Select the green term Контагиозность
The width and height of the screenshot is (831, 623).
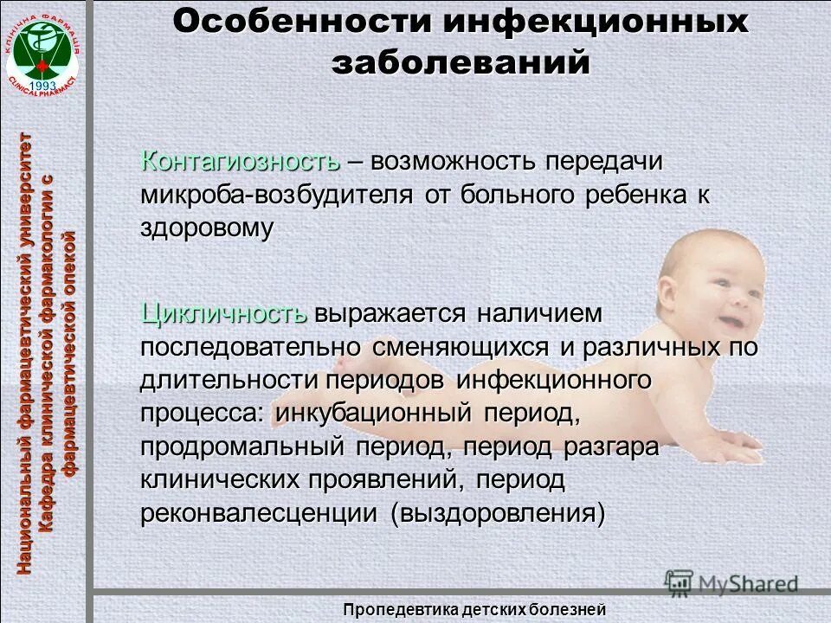click(x=241, y=161)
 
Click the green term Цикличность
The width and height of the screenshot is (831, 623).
click(x=224, y=313)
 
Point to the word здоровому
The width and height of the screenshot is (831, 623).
click(x=208, y=228)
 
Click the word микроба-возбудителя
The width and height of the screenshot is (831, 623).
click(x=276, y=194)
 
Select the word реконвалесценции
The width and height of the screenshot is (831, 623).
click(x=260, y=513)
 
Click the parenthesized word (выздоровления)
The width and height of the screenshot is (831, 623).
click(x=497, y=513)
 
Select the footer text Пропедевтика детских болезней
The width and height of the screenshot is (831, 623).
click(x=473, y=609)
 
